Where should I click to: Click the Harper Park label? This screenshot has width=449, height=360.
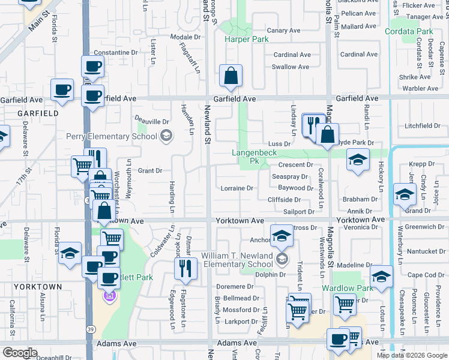pyautogui.click(x=246, y=40)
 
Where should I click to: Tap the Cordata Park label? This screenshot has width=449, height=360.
pyautogui.click(x=409, y=31)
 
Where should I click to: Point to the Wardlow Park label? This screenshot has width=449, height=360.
pyautogui.click(x=348, y=288)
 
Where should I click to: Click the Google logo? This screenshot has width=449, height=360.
pyautogui.click(x=20, y=353)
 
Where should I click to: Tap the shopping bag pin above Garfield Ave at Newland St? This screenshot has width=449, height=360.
pyautogui.click(x=231, y=76)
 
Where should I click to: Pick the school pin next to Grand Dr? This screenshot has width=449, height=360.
pyautogui.click(x=405, y=194)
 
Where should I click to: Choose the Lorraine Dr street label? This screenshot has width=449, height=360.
pyautogui.click(x=237, y=188)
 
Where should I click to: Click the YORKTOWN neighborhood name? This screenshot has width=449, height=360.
pyautogui.click(x=38, y=287)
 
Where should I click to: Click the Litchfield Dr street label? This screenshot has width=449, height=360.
pyautogui.click(x=423, y=126)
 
